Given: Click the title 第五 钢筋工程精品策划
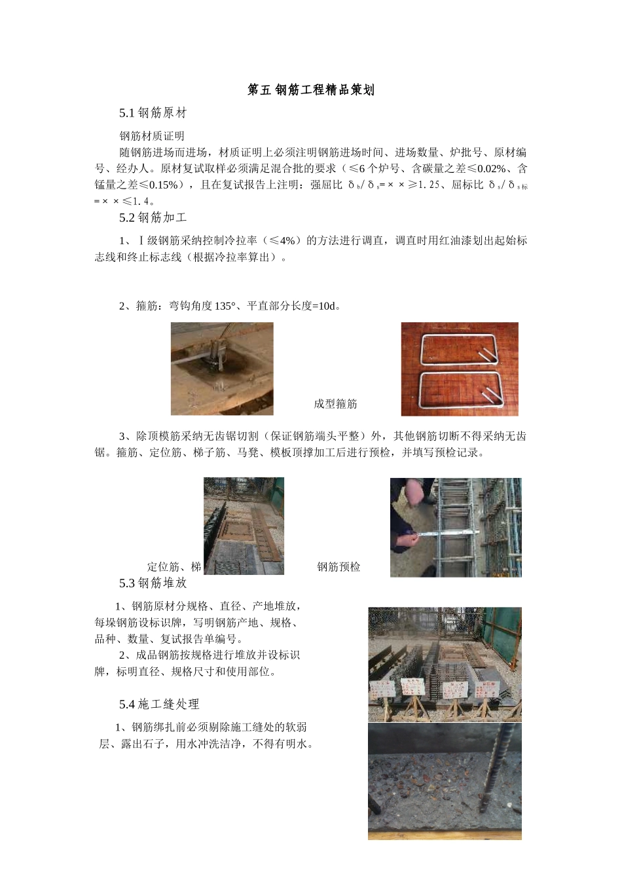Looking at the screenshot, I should (x=310, y=90).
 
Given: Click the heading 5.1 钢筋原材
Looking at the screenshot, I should (x=153, y=113).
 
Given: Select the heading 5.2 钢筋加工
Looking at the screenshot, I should (x=153, y=217).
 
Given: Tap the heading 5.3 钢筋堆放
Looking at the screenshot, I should (x=153, y=583).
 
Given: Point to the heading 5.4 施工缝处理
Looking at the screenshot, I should (x=159, y=705).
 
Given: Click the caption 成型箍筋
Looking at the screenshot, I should (x=335, y=404).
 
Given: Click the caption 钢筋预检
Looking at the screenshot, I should (x=338, y=567).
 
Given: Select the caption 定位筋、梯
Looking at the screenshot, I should (x=174, y=567).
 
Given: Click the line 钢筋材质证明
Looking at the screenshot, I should (x=152, y=136).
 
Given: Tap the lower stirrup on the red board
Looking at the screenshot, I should (x=460, y=392).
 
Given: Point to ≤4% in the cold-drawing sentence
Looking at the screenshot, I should (x=283, y=240).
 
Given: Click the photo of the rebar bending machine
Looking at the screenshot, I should (x=222, y=369).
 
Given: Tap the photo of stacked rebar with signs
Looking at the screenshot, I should (x=445, y=665).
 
